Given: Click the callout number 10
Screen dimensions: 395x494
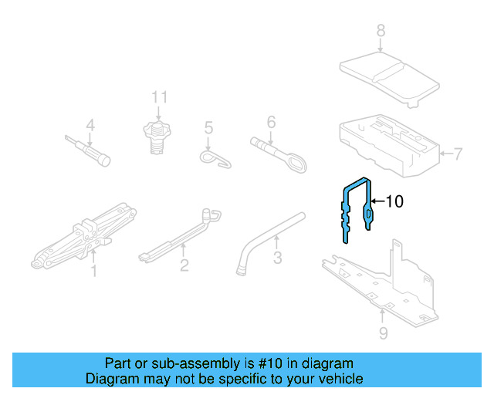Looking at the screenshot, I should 394,202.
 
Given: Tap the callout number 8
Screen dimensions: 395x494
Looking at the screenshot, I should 380,31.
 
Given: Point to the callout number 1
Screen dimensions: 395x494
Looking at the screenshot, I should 94,271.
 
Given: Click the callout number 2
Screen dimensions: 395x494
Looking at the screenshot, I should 184,266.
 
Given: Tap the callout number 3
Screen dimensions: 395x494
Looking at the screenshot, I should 277,257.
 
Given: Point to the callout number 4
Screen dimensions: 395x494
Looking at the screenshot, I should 90,125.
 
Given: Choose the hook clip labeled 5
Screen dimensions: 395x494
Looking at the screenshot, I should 216,158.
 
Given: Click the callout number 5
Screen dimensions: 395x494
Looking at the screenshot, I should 208,127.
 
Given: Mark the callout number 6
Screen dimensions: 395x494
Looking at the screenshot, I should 271,121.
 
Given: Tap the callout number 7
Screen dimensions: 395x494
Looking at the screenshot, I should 457,154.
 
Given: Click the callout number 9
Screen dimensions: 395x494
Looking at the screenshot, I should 383,333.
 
